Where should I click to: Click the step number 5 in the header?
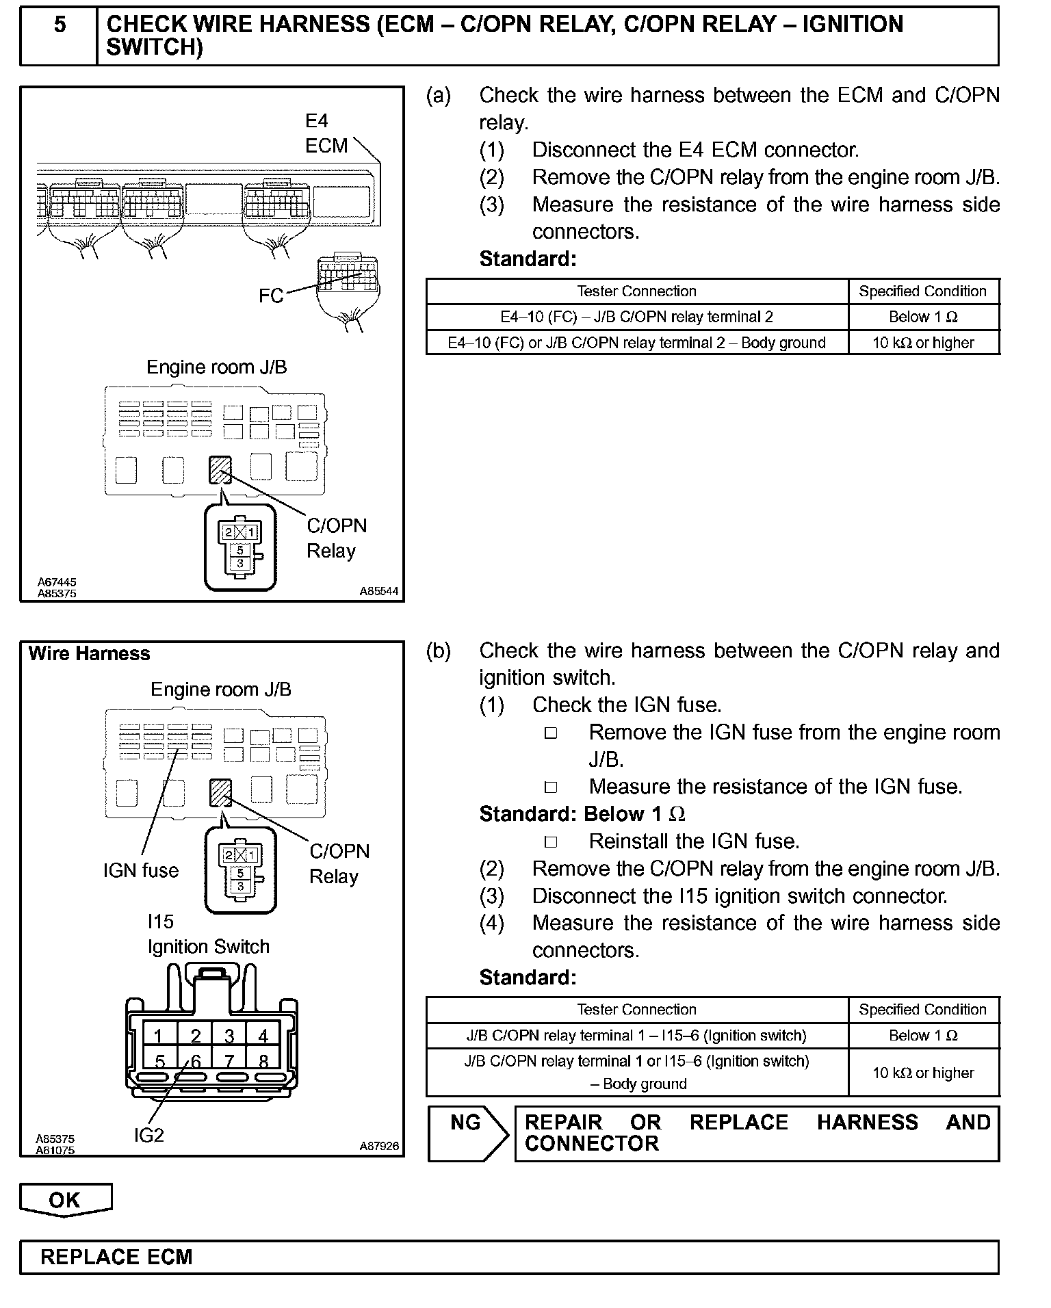tap(60, 25)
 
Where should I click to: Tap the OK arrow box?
tap(65, 1199)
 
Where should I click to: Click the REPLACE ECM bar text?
tap(116, 1257)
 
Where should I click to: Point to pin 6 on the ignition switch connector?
tap(195, 1061)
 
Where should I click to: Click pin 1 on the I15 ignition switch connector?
tap(159, 1036)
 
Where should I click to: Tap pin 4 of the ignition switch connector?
tap(263, 1036)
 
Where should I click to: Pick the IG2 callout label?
tap(149, 1136)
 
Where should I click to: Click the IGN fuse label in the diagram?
tap(141, 870)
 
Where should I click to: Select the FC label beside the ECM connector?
tap(271, 296)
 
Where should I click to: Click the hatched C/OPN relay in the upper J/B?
tap(220, 470)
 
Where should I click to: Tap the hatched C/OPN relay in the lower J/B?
tap(221, 792)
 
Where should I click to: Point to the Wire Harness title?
tap(89, 654)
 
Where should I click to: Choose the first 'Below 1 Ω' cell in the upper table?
tap(923, 317)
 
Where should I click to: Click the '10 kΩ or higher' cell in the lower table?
tap(923, 1073)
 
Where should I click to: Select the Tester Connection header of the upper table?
tap(636, 291)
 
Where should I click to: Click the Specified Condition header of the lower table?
tap(923, 1010)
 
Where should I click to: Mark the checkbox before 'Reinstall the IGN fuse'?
tap(551, 842)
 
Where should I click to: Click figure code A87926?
tap(379, 1147)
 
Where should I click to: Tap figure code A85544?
tap(379, 592)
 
